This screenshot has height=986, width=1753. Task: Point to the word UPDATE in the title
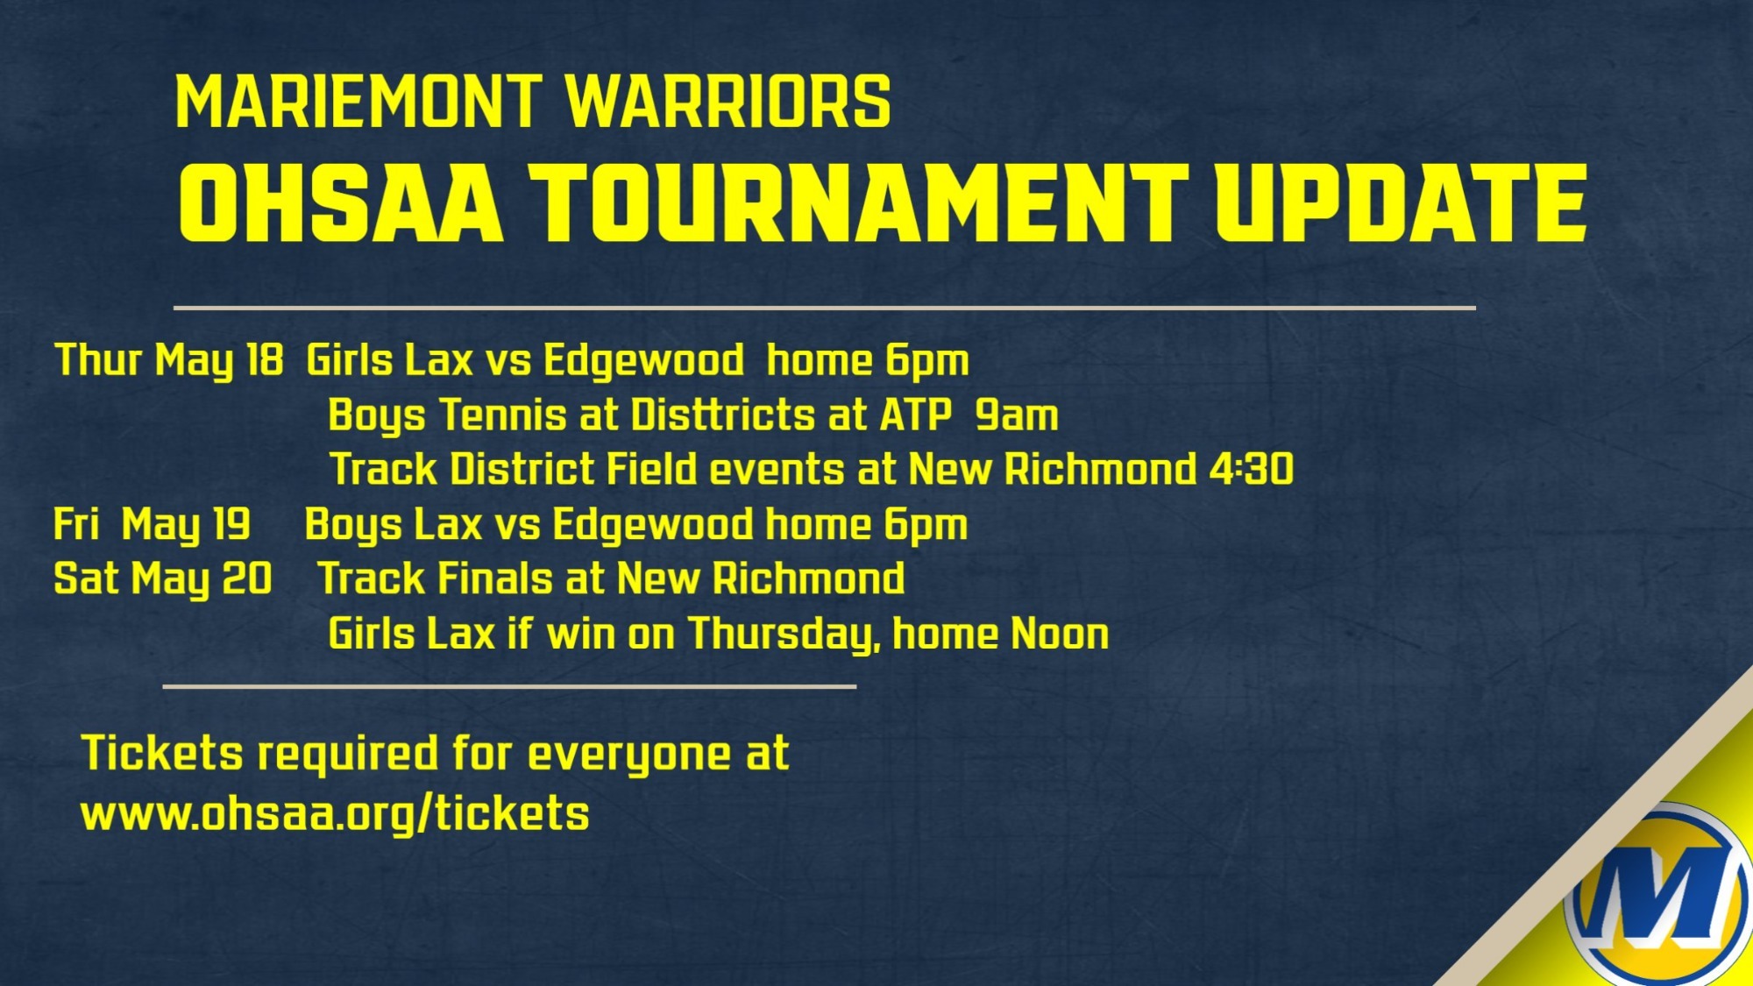pyautogui.click(x=1401, y=203)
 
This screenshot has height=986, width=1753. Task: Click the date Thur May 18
pyautogui.click(x=169, y=361)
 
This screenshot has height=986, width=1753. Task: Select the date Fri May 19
pyautogui.click(x=152, y=525)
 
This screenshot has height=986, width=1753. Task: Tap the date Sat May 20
pyautogui.click(x=163, y=579)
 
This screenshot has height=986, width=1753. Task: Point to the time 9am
pyautogui.click(x=1017, y=415)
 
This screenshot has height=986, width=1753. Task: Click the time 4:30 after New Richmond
pyautogui.click(x=1251, y=470)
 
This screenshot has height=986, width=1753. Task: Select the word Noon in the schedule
pyautogui.click(x=1060, y=634)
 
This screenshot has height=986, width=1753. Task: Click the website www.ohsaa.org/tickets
pyautogui.click(x=335, y=814)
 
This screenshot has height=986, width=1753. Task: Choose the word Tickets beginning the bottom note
pyautogui.click(x=162, y=754)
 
